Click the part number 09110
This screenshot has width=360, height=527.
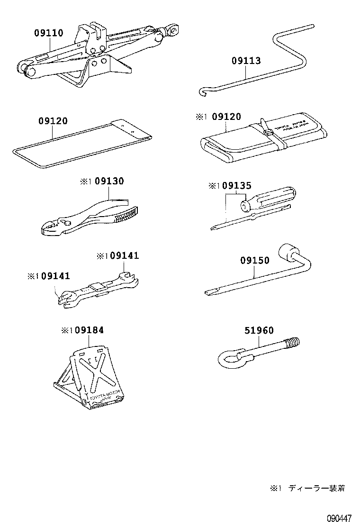tap(48, 33)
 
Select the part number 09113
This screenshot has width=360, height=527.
tap(246, 61)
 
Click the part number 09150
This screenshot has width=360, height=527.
tap(254, 260)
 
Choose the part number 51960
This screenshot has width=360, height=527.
tap(259, 331)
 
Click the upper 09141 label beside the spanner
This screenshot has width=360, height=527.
tap(124, 256)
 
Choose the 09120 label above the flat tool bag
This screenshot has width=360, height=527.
tap(53, 121)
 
